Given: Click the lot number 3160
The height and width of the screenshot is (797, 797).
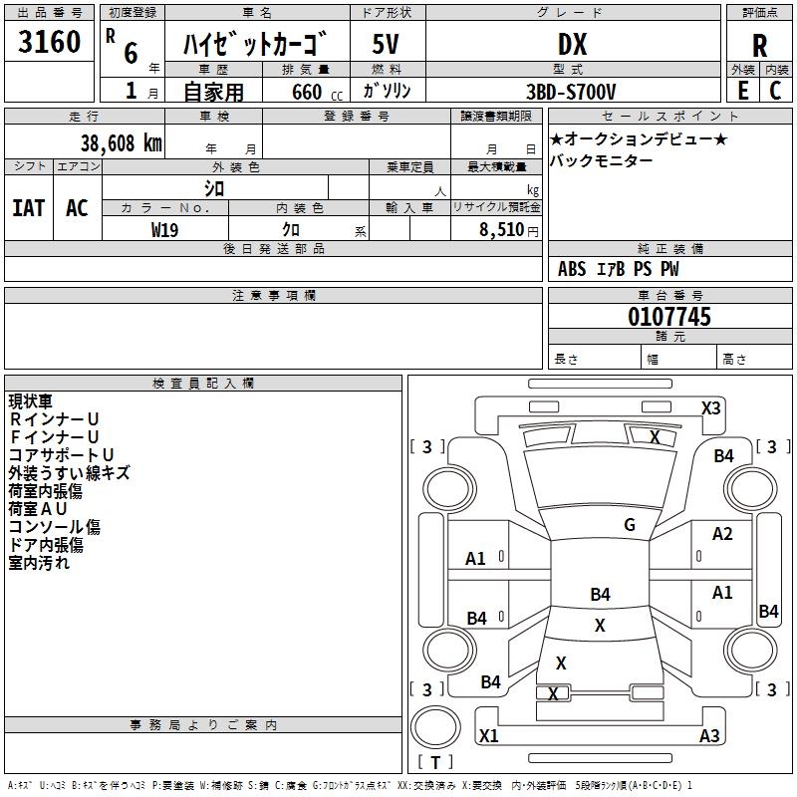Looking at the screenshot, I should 49,43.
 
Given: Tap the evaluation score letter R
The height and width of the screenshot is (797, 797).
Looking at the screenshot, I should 760,46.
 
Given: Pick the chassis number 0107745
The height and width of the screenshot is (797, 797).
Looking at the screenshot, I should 669,318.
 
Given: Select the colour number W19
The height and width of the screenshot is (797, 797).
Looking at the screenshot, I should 165,229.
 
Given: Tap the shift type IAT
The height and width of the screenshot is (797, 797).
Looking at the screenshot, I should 28,208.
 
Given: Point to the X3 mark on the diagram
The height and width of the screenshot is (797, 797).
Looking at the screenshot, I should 710,407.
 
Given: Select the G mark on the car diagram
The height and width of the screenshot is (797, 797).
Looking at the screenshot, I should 630,525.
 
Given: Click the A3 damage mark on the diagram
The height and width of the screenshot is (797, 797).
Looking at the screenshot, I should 709,736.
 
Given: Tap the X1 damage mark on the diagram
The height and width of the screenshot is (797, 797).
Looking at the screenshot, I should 489,736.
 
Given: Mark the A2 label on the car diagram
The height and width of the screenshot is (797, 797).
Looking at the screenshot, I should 722,534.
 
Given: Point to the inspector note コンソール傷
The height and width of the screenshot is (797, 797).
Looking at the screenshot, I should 55,527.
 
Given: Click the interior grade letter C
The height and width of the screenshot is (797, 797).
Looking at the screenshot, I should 775,91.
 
